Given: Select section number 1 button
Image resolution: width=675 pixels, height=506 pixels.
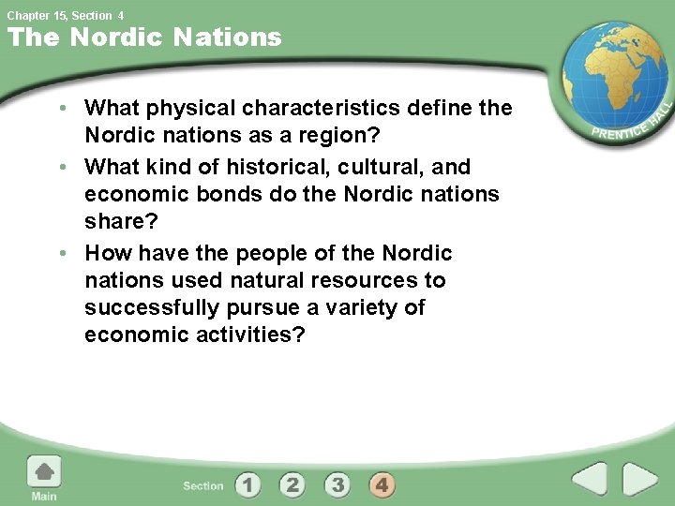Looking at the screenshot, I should pyautogui.click(x=247, y=484).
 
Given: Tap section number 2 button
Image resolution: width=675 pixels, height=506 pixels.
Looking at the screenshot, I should pyautogui.click(x=292, y=484).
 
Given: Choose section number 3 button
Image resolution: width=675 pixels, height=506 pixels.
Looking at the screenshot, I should pyautogui.click(x=337, y=484).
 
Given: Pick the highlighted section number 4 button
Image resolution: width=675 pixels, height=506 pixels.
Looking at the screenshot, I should pyautogui.click(x=382, y=484).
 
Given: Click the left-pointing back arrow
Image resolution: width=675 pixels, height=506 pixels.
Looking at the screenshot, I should pyautogui.click(x=590, y=479).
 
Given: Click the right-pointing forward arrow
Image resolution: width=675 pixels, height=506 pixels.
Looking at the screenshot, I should pyautogui.click(x=641, y=479).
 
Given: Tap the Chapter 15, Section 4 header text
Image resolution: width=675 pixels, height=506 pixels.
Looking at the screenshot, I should pyautogui.click(x=66, y=15).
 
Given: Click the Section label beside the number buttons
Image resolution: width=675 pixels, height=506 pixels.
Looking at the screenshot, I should pyautogui.click(x=203, y=485).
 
